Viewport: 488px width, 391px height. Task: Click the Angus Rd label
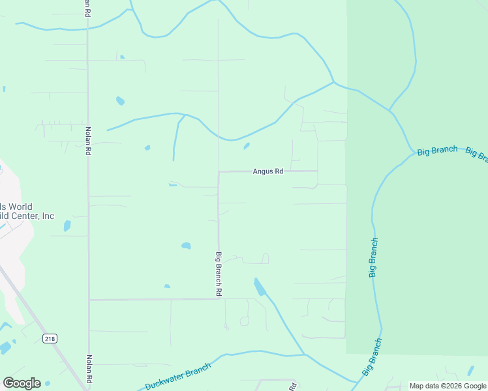268,171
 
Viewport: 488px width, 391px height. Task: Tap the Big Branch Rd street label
220,274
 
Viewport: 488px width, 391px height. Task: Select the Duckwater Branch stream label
178,376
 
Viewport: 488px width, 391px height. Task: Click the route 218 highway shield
50,338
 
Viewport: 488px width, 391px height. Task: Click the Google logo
22,383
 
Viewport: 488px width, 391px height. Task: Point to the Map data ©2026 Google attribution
448,386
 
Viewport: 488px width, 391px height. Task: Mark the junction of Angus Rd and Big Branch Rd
219,172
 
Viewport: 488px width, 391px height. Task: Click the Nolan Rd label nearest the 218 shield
89,368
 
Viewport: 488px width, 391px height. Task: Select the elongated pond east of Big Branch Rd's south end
260,287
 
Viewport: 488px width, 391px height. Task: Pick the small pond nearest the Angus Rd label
247,146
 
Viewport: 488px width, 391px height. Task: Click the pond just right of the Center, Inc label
67,226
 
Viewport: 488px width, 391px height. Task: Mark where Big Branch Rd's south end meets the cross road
219,299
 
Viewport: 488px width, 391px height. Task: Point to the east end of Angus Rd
318,171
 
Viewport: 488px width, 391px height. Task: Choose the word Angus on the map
262,171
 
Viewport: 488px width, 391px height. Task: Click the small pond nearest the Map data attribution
470,371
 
